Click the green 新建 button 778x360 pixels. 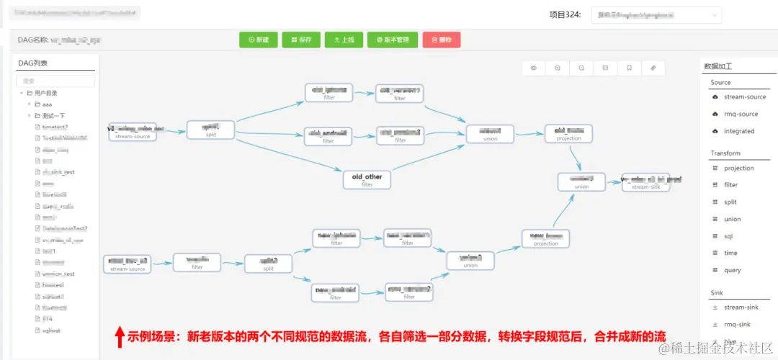(x=258, y=40)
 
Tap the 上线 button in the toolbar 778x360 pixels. (x=344, y=40)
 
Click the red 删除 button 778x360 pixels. (x=441, y=40)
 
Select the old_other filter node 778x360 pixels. (x=367, y=180)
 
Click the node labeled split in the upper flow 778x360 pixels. (x=210, y=130)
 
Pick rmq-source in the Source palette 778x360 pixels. (x=741, y=114)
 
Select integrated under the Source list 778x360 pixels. (x=739, y=131)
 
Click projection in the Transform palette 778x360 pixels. (x=739, y=168)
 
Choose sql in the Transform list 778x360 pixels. (x=728, y=236)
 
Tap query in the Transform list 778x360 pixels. (x=732, y=270)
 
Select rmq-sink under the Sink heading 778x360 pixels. (x=736, y=325)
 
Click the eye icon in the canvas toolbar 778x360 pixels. (x=534, y=68)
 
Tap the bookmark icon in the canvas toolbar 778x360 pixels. (x=629, y=68)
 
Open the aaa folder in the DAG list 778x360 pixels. (x=47, y=104)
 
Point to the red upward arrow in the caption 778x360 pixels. (x=120, y=336)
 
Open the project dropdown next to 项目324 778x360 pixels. (x=656, y=14)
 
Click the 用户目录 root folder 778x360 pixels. (x=45, y=93)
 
